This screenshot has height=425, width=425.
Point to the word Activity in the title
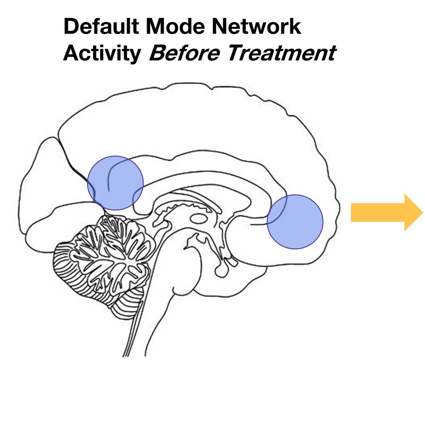point(102,54)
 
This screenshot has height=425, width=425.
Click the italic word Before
point(184,54)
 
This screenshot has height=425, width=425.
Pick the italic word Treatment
point(280,54)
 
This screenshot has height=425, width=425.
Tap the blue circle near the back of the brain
point(116,183)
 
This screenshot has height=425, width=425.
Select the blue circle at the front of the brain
point(295,221)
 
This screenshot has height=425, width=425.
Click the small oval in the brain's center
point(198,219)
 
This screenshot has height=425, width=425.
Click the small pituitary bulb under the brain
point(222,270)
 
